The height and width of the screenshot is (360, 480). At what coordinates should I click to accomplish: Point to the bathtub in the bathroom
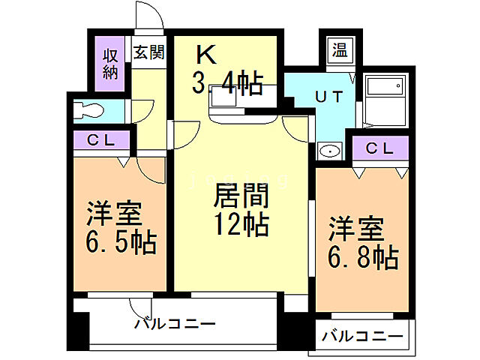(x=385, y=96)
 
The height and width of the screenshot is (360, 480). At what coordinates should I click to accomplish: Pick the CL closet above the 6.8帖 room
(x=379, y=148)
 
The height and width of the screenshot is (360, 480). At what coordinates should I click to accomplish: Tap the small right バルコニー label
(x=362, y=337)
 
